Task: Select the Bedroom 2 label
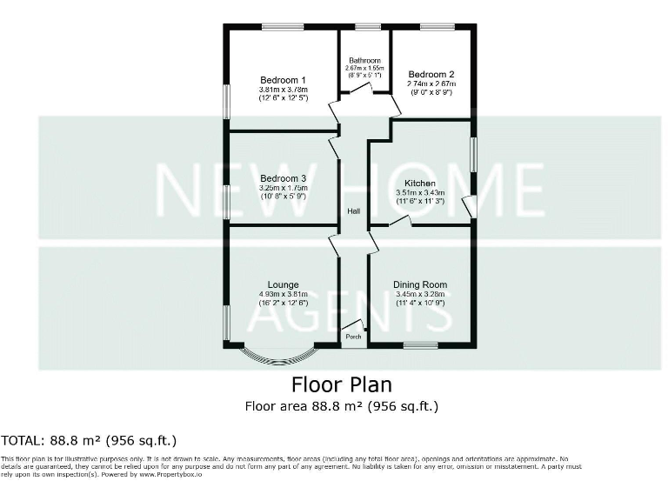[431, 75]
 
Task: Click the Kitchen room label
[420, 183]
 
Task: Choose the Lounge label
[284, 284]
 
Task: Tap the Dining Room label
[420, 284]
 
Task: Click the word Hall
[354, 211]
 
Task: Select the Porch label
[353, 337]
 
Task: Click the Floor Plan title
[341, 384]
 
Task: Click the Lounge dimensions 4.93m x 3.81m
[284, 294]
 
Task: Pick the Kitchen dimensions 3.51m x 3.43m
[420, 192]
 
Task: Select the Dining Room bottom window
[420, 345]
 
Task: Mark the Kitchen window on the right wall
[474, 154]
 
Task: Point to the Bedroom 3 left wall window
[226, 202]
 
